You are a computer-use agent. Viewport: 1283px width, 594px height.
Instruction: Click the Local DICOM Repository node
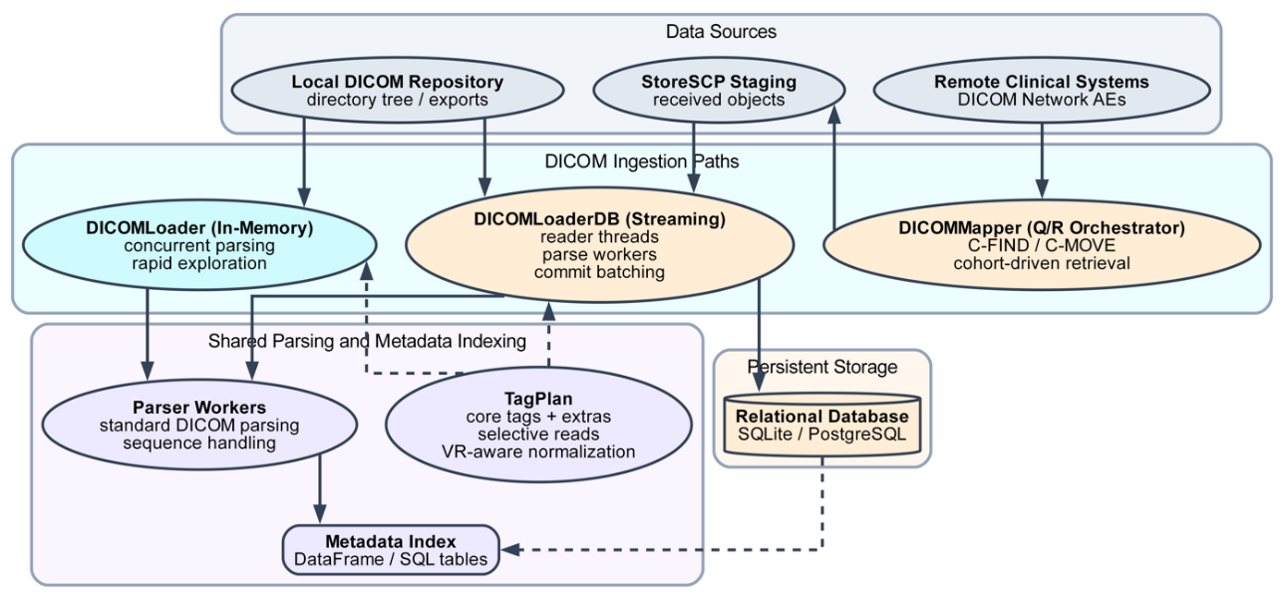[397, 91]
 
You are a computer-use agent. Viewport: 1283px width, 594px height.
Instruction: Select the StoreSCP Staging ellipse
[719, 91]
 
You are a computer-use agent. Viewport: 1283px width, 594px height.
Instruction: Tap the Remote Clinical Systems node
[1042, 91]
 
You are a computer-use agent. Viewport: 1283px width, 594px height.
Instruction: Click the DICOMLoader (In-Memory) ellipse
[199, 245]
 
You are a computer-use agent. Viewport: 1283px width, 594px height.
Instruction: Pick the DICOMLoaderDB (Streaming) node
[599, 244]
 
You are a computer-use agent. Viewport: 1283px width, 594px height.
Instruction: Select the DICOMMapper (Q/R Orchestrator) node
[1042, 245]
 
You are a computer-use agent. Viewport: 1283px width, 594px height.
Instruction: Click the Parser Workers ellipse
[199, 426]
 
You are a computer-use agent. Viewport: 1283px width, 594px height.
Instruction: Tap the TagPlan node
[538, 426]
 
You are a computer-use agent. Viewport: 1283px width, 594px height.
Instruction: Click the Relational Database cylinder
[821, 425]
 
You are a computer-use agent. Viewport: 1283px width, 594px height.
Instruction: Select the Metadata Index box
[391, 550]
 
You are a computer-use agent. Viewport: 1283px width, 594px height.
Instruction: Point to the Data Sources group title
[721, 32]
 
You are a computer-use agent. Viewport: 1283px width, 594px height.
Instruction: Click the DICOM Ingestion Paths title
[642, 160]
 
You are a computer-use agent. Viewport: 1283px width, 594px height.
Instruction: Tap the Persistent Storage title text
[821, 367]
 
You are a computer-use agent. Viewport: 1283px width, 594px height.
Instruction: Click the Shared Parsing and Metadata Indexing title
[367, 342]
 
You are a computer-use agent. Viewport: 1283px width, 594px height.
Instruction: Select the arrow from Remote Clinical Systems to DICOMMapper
[1042, 159]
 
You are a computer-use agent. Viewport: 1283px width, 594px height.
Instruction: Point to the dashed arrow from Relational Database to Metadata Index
[698, 549]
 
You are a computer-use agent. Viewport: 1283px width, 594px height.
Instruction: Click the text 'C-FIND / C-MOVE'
[1042, 245]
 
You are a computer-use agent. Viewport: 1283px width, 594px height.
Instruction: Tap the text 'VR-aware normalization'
[538, 451]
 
